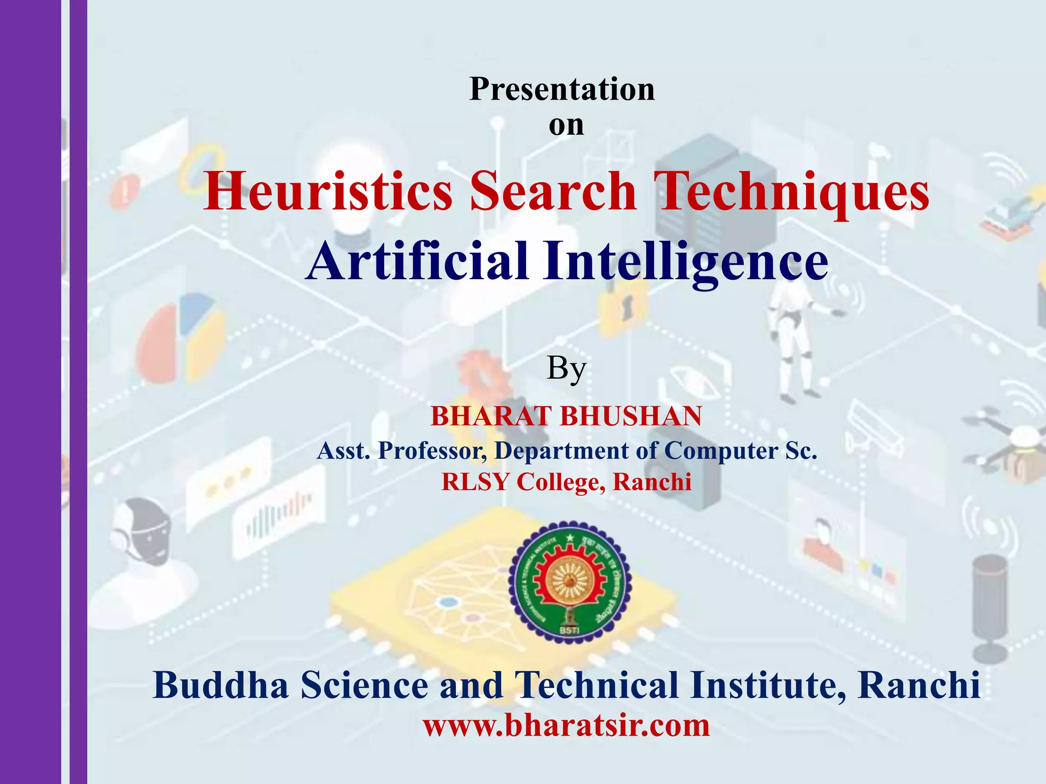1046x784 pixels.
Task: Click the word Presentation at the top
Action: click(562, 89)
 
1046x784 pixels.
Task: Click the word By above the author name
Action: click(566, 369)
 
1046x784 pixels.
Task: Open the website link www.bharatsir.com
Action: click(566, 725)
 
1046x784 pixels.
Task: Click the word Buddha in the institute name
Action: click(221, 685)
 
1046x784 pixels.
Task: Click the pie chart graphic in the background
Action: click(182, 337)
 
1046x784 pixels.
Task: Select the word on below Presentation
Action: click(566, 125)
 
